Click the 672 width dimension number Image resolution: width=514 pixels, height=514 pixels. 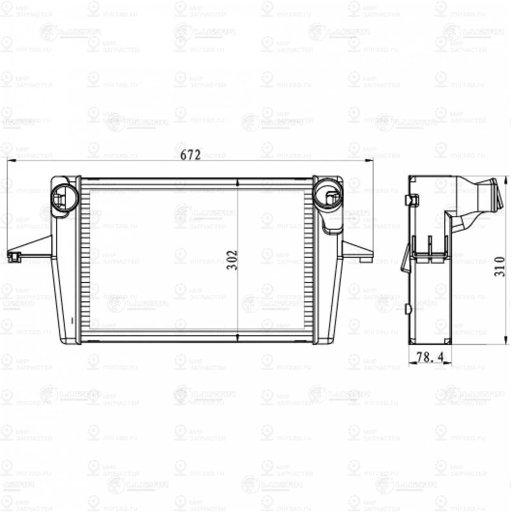[190, 155]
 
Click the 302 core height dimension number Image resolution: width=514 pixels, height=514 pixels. [232, 260]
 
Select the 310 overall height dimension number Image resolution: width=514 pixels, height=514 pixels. [499, 266]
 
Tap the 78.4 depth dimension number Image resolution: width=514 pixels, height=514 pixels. [430, 357]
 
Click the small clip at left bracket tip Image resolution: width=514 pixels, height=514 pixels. [14, 257]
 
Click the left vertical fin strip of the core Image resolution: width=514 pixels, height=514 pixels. [85, 260]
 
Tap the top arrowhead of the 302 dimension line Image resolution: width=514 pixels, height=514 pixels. [237, 183]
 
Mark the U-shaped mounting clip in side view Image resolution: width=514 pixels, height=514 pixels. [430, 249]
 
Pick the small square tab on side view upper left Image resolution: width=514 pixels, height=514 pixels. [412, 199]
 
